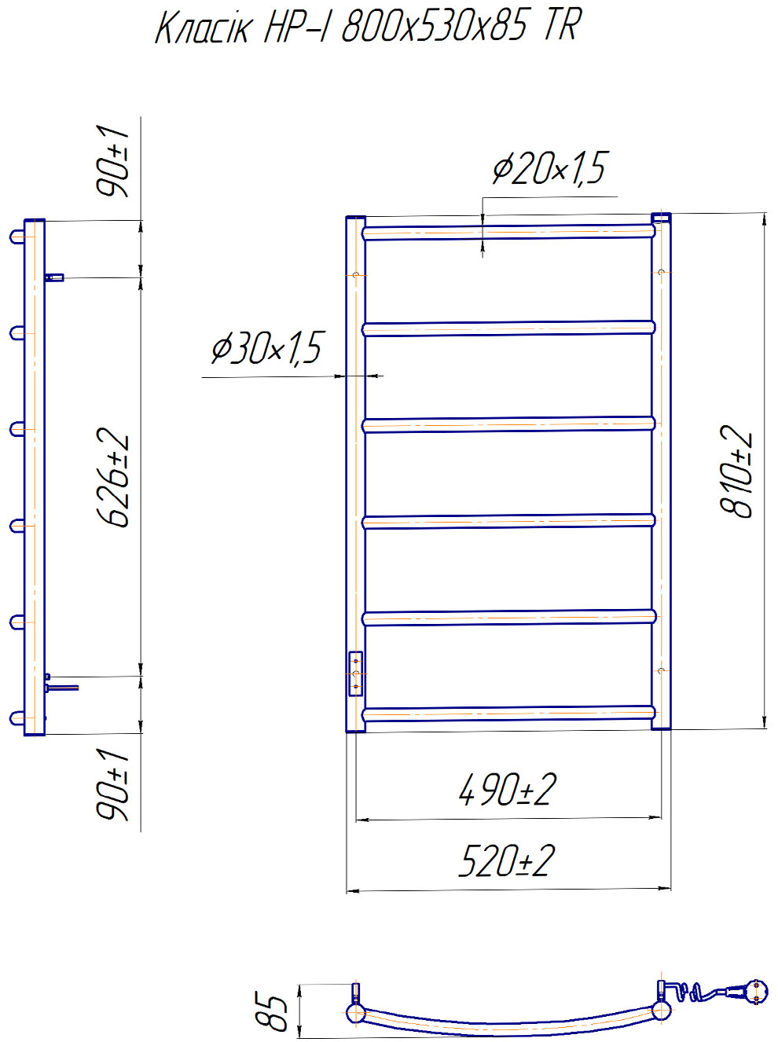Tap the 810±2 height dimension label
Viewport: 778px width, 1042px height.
pos(736,471)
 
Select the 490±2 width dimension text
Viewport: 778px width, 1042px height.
pos(507,790)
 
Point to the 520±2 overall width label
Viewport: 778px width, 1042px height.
pos(506,861)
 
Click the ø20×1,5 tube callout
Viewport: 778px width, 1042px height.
pos(549,168)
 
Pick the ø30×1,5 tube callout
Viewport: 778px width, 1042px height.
pos(268,347)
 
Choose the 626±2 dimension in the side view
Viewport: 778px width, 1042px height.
pos(112,477)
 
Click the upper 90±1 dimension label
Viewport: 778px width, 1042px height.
pos(112,161)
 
